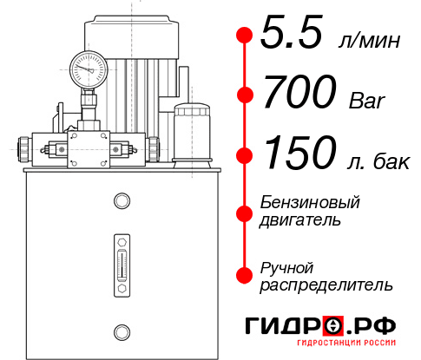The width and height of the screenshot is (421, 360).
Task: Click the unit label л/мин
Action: tap(373, 38)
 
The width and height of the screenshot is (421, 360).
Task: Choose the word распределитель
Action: tap(326, 285)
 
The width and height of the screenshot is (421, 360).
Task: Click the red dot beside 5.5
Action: tap(245, 35)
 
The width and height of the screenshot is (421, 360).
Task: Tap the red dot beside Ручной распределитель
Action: tap(245, 274)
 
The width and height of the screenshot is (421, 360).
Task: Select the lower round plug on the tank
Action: tap(121, 330)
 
